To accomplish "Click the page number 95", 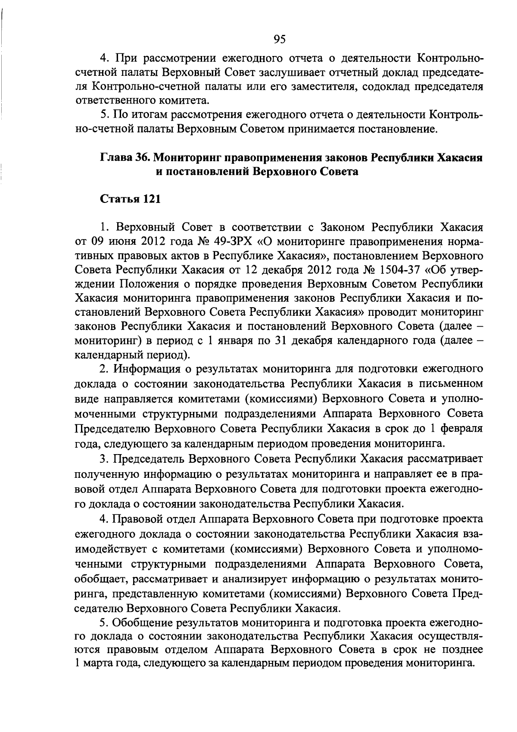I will (280, 40).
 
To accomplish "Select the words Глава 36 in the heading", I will (125, 158).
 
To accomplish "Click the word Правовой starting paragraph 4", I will (141, 520).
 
